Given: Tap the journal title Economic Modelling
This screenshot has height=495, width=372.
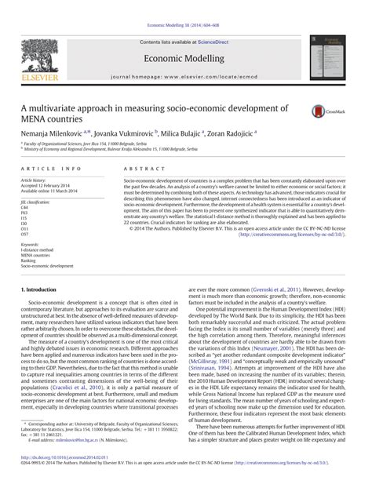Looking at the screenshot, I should (x=185, y=59).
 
